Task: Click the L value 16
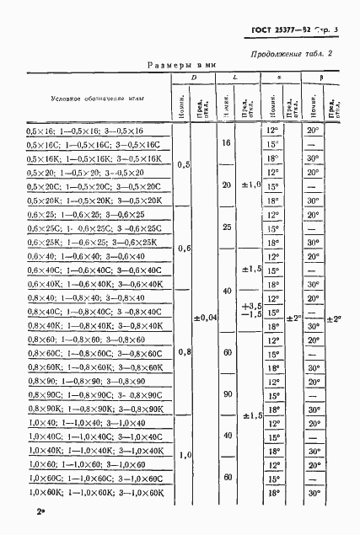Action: tap(226, 145)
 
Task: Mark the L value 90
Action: tap(226, 393)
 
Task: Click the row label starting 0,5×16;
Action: tap(86, 131)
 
